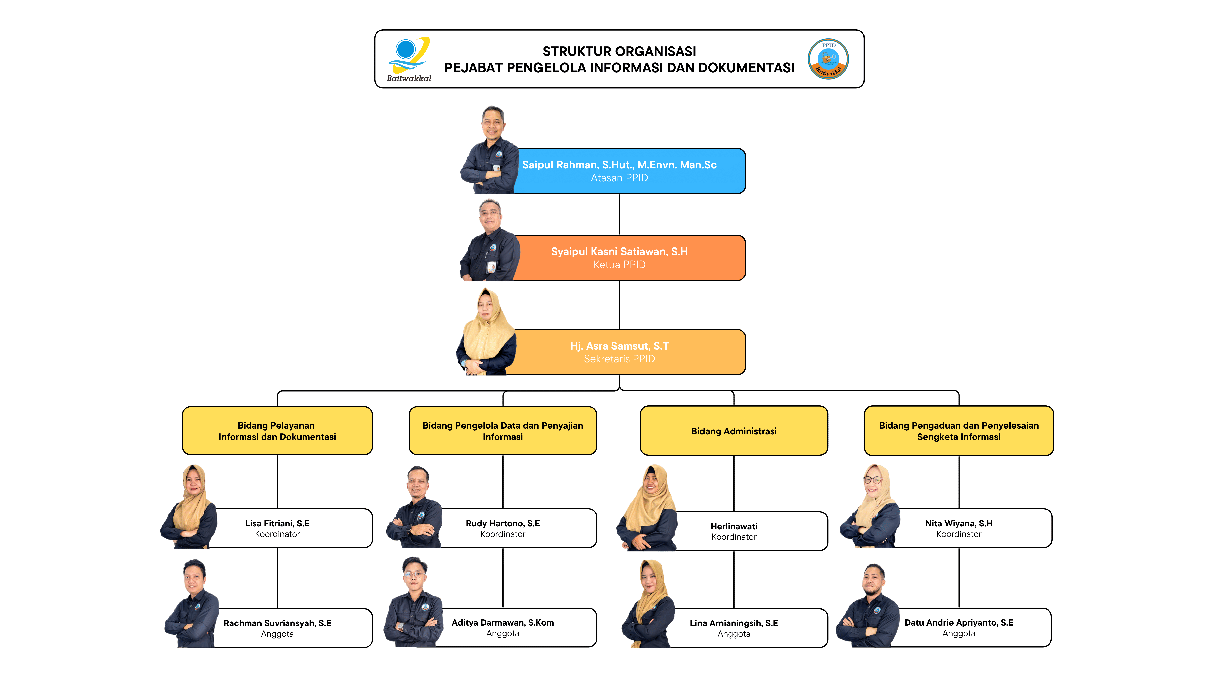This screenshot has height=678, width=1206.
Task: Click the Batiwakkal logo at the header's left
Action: coord(408,58)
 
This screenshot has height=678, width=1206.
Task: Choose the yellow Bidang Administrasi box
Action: coord(734,431)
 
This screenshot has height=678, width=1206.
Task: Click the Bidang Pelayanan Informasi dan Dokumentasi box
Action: coord(277,431)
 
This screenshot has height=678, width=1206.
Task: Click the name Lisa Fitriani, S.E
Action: coord(277,523)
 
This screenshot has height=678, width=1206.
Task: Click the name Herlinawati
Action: coord(734,526)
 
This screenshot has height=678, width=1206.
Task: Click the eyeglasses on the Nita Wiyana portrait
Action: coord(873,480)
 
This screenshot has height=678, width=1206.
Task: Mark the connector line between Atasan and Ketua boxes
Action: coord(619,214)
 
